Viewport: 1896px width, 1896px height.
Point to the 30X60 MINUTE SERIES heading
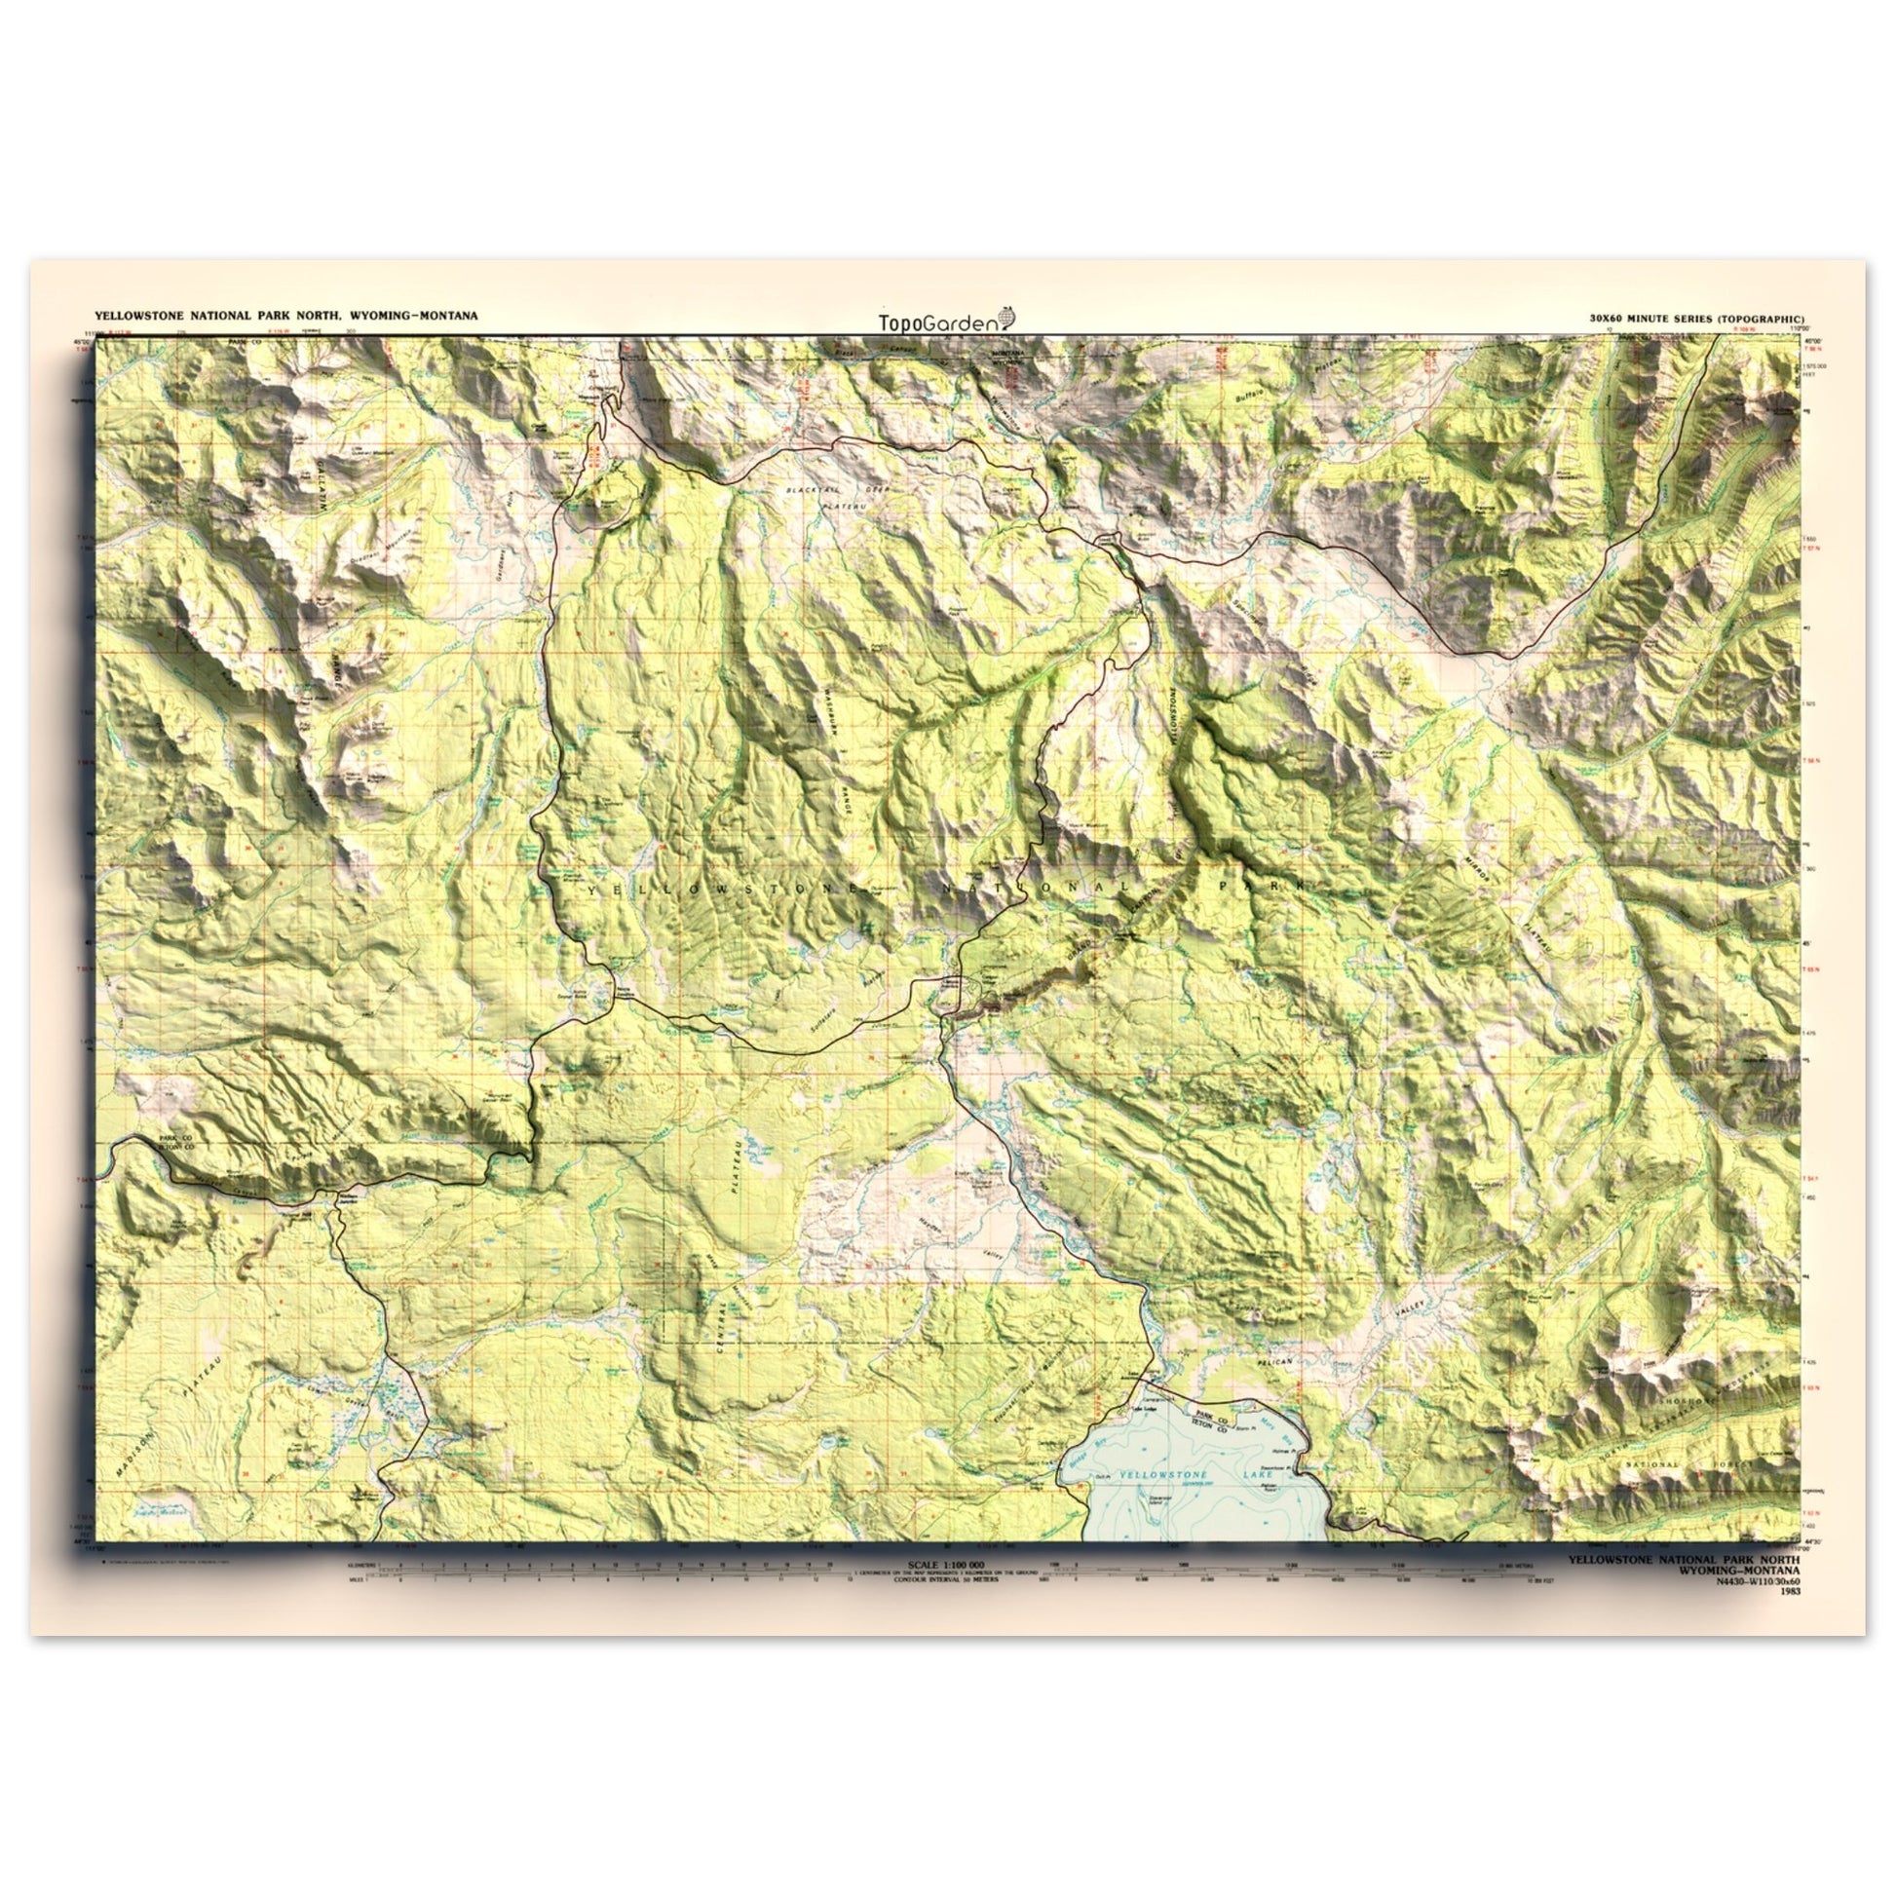click(x=1694, y=319)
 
